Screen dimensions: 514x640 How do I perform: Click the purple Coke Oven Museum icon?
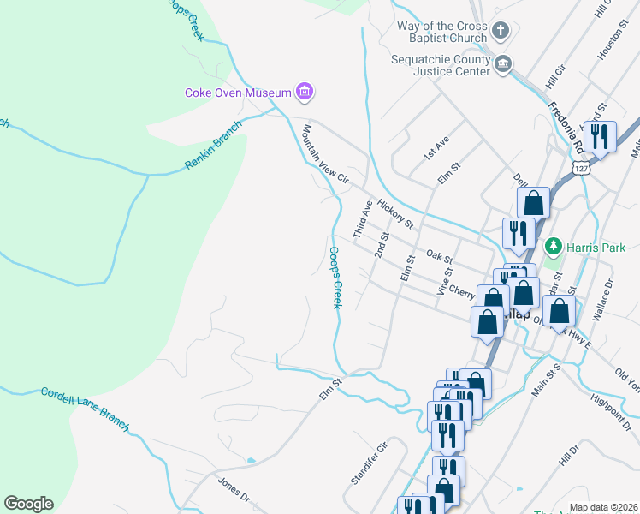tap(304, 91)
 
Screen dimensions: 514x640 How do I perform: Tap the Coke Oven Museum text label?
tap(239, 92)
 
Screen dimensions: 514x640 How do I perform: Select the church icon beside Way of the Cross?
tap(501, 33)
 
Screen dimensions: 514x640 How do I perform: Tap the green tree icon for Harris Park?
tap(554, 247)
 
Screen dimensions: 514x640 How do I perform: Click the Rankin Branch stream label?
tap(213, 145)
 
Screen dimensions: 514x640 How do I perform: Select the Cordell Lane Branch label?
tap(85, 409)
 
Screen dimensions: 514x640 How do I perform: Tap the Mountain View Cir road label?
tap(326, 154)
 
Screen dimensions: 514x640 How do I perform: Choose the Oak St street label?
tap(439, 256)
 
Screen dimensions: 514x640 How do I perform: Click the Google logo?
tap(28, 504)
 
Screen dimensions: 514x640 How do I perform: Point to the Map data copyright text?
tap(604, 507)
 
